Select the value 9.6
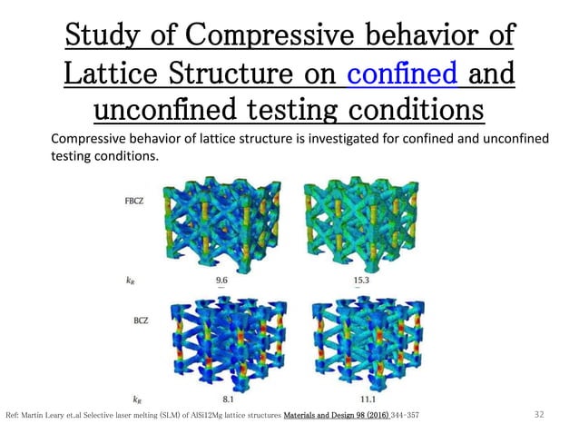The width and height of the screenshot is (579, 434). pos(221,281)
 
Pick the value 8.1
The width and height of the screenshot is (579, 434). pos(221,398)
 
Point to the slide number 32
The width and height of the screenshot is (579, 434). pos(540,415)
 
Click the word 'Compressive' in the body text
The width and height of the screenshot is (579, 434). pos(93,138)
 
